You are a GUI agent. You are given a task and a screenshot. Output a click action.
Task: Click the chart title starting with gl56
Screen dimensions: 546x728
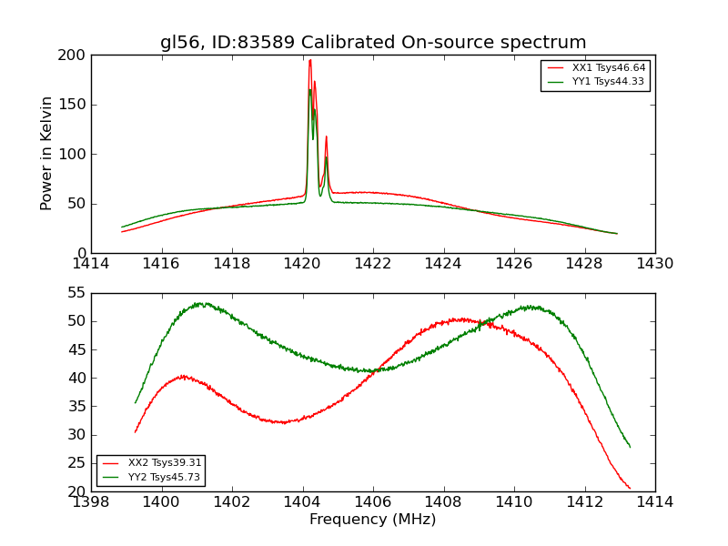click(x=373, y=43)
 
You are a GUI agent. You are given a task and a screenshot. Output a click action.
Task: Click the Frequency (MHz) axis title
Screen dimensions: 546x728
click(x=373, y=520)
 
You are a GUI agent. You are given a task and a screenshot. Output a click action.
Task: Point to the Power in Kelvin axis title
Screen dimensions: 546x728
click(x=47, y=153)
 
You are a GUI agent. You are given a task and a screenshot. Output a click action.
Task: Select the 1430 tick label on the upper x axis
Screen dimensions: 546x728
click(x=654, y=264)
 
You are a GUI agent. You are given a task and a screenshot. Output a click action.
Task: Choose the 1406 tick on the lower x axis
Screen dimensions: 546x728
click(x=373, y=502)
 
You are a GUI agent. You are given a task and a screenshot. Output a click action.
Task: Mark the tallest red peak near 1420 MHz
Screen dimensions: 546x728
click(x=309, y=61)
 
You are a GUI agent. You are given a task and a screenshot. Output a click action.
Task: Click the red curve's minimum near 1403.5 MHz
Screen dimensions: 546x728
click(x=284, y=422)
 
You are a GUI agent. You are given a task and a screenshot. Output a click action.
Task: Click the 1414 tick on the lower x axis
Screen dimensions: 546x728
click(x=654, y=502)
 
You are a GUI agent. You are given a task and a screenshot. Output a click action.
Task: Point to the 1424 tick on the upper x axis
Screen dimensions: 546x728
click(x=443, y=264)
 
